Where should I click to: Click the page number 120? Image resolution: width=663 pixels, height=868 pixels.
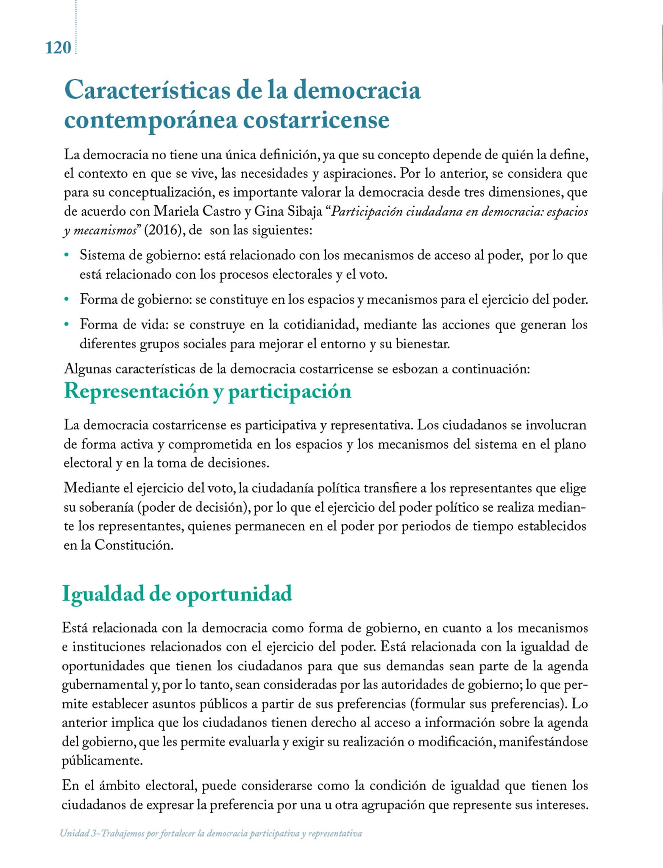tap(58, 48)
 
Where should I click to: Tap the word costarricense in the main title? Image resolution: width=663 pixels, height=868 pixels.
tap(316, 120)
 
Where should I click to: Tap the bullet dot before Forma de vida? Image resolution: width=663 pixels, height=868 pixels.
tap(66, 325)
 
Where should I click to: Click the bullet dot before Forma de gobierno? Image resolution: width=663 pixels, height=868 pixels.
tap(66, 300)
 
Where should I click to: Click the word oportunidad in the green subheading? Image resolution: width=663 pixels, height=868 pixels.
tap(234, 593)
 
